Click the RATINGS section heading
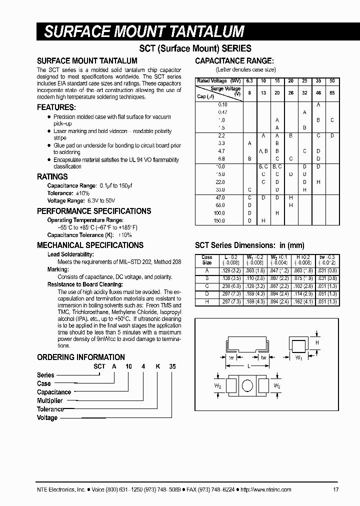coord(52,176)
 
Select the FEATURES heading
coord(56,107)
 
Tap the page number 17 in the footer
coord(335,489)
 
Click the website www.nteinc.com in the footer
coord(267,489)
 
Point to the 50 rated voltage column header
coord(332,80)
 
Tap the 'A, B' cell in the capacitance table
coord(263,150)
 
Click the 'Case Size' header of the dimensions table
coord(206,260)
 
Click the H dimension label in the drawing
coord(316,342)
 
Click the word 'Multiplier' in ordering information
coord(50,401)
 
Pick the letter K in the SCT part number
coord(157,366)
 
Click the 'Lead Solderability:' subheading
coord(70,254)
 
